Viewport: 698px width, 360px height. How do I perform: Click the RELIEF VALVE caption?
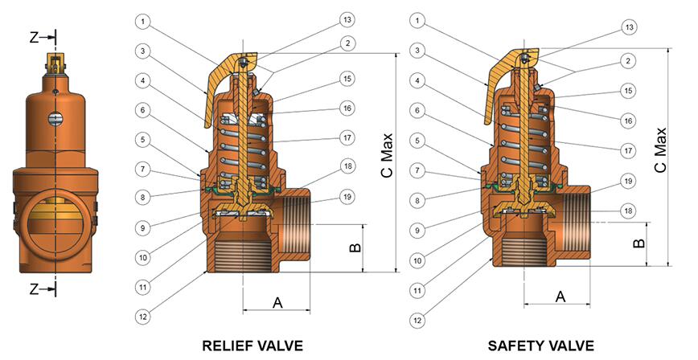click(x=253, y=346)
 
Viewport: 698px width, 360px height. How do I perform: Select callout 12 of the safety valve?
click(x=417, y=320)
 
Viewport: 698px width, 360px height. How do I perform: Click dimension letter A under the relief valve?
click(x=277, y=302)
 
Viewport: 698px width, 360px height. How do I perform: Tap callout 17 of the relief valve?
click(x=347, y=138)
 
